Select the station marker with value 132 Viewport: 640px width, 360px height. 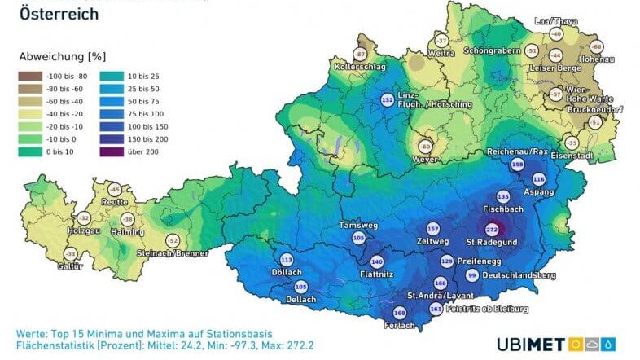387,99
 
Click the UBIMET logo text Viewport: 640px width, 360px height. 530,345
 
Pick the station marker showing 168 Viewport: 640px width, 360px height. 399,313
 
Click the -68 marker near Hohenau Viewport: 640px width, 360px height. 595,46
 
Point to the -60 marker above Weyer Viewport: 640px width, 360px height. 424,147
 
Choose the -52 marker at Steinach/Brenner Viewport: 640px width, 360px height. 172,241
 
